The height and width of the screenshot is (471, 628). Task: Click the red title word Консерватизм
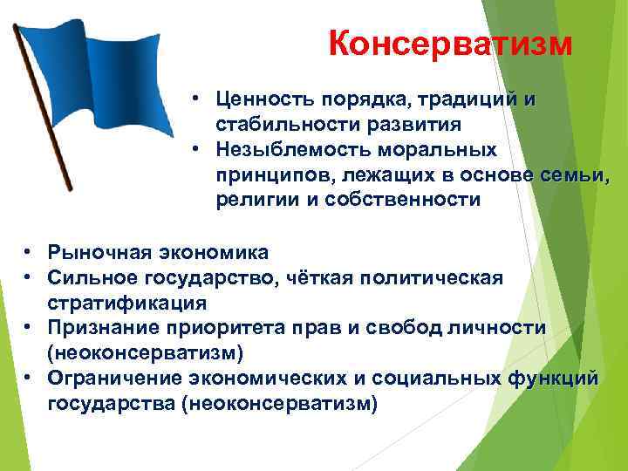[451, 42]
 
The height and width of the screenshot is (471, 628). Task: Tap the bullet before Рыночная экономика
[29, 252]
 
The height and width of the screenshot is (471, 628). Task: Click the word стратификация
[127, 303]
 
